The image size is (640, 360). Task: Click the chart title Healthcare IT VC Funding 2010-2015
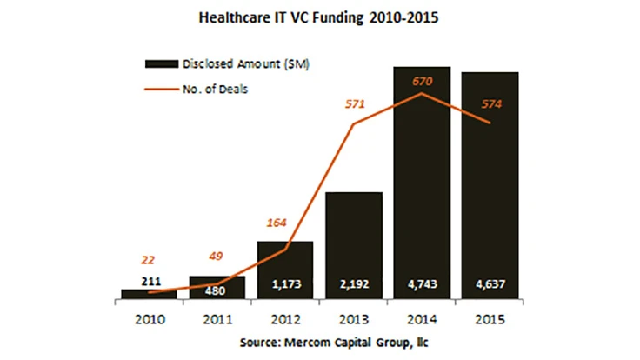(320, 17)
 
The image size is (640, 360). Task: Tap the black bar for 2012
(285, 270)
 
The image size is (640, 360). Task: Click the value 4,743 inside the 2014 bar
(423, 283)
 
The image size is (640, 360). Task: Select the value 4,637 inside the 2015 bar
(490, 283)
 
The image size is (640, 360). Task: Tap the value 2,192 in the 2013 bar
(354, 283)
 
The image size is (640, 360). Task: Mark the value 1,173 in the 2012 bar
(285, 283)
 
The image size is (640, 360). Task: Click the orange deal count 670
(423, 81)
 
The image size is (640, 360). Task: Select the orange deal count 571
(355, 104)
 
